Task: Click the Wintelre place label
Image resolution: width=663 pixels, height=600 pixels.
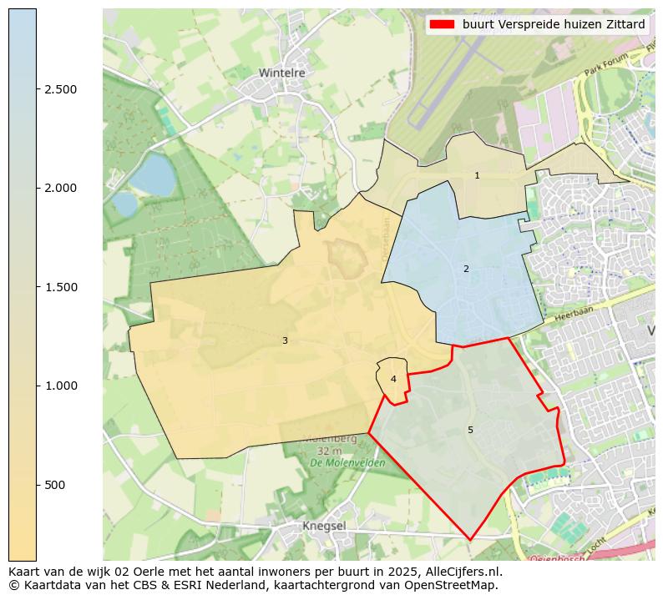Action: point(281,73)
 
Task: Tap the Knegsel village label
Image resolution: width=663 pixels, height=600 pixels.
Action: point(324,526)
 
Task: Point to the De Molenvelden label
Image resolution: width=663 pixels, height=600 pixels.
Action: point(347,462)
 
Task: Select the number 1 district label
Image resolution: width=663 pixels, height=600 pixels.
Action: point(477,176)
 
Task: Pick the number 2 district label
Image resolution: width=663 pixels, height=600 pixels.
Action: point(466,269)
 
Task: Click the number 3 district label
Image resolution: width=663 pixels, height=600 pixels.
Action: point(285,340)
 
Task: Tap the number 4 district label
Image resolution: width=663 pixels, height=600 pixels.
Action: point(393,380)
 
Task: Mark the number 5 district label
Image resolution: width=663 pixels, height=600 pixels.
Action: point(470,430)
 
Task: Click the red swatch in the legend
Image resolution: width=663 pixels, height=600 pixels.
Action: point(442,24)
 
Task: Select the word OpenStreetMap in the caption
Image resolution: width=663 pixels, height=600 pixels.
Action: point(457,585)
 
